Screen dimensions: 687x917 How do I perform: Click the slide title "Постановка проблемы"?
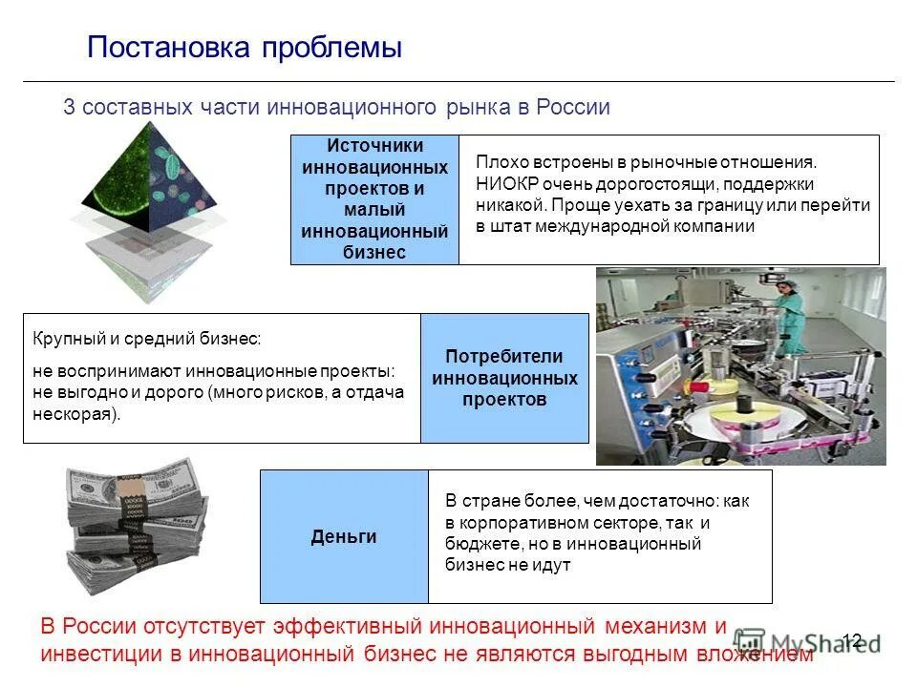pyautogui.click(x=244, y=48)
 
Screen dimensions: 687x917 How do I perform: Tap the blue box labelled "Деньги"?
pyautogui.click(x=344, y=537)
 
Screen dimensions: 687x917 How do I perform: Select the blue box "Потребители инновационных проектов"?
pyautogui.click(x=504, y=378)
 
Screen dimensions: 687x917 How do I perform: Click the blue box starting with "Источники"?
pyautogui.click(x=374, y=198)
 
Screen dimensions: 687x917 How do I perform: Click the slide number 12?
pyautogui.click(x=852, y=640)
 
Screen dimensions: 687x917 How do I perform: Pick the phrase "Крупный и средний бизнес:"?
pyautogui.click(x=146, y=339)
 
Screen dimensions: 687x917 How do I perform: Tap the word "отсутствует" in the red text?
pyautogui.click(x=204, y=627)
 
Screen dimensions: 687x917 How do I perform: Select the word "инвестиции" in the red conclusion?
pyautogui.click(x=111, y=655)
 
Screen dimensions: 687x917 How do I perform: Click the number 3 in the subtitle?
pyautogui.click(x=69, y=107)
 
